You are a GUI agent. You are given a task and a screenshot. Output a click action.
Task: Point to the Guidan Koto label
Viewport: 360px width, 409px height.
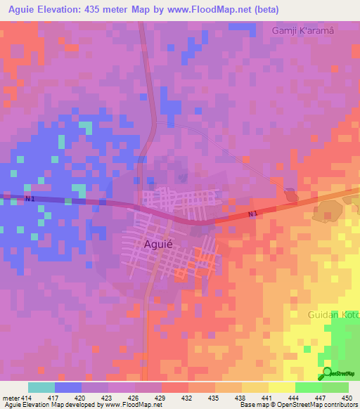(333, 315)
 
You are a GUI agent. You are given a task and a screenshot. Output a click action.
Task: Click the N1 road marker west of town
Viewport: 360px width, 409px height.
(30, 199)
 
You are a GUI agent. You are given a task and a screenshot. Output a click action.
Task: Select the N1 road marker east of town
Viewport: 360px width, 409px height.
(254, 214)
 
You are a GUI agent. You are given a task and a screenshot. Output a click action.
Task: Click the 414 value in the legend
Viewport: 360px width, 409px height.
(28, 397)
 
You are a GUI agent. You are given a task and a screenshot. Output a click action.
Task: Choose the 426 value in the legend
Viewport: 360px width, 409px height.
(135, 397)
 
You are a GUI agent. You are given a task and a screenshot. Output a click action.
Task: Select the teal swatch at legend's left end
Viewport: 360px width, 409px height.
(41, 387)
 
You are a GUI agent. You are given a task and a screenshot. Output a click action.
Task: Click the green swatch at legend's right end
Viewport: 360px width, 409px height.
(335, 387)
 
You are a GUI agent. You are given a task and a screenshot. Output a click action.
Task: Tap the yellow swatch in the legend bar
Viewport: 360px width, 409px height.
(281, 387)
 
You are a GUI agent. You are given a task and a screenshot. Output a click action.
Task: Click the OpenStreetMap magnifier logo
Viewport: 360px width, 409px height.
(326, 374)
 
